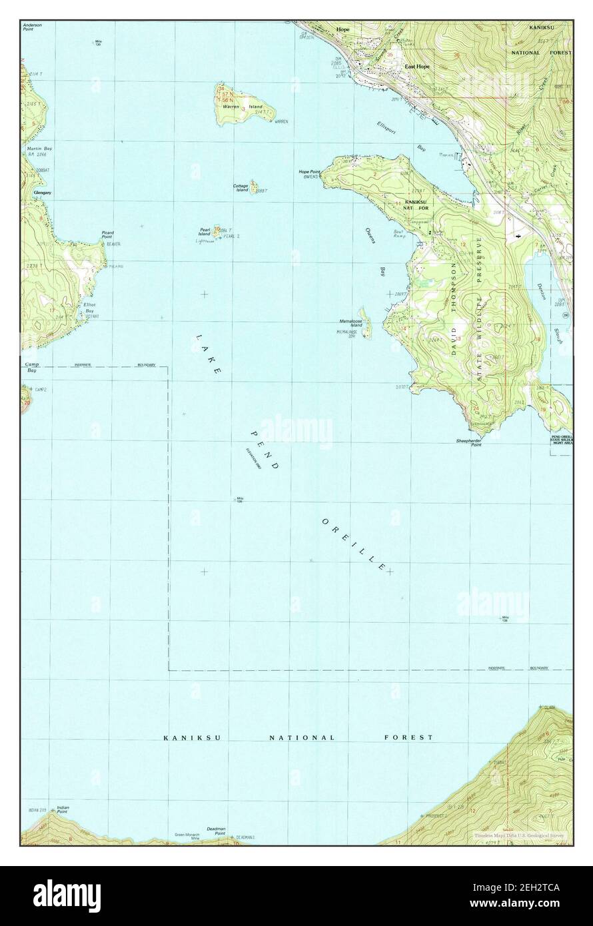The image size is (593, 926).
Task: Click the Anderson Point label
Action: coord(32,27)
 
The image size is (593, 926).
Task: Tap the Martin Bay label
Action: coord(35,151)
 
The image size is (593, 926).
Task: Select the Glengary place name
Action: coord(33,193)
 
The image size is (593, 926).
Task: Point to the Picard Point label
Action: coord(107,235)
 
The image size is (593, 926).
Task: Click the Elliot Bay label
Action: coord(89,308)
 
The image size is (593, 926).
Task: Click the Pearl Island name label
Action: coord(205,232)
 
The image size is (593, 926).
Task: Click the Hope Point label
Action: coord(309,172)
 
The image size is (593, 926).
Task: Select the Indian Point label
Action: coord(63,809)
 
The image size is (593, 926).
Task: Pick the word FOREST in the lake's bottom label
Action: coord(408,737)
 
